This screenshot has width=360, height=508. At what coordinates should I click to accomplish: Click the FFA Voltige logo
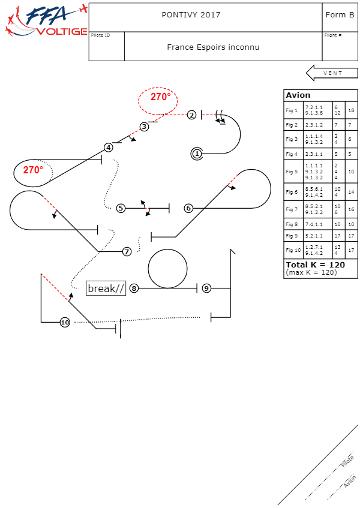pos(45,21)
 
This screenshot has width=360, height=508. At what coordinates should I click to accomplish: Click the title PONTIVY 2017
pos(191,15)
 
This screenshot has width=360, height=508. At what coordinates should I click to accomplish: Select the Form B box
pos(340,15)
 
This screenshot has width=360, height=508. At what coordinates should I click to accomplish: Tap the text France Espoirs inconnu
pos(213,47)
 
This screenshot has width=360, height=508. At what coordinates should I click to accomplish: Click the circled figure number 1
pos(197,154)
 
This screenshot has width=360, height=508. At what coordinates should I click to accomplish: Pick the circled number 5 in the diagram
pos(121,208)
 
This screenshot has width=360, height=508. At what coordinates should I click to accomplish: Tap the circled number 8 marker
pos(134,288)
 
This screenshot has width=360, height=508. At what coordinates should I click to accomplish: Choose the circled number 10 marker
pos(65,322)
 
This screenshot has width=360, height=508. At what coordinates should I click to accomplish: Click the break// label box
pos(106,288)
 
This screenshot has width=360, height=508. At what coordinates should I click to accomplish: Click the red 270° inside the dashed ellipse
pos(160,97)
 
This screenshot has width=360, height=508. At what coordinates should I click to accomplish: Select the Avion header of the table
pos(298,95)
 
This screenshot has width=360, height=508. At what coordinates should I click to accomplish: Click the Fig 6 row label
pos(292,192)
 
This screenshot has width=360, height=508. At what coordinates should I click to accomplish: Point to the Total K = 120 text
pos(315,264)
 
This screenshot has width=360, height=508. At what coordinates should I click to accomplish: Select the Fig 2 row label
pos(292,125)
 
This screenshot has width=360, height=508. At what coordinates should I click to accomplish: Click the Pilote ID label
pos(100,35)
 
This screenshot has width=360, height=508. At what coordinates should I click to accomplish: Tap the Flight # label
pos(333,35)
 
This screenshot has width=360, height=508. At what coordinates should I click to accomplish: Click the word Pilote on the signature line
pos(347,461)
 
